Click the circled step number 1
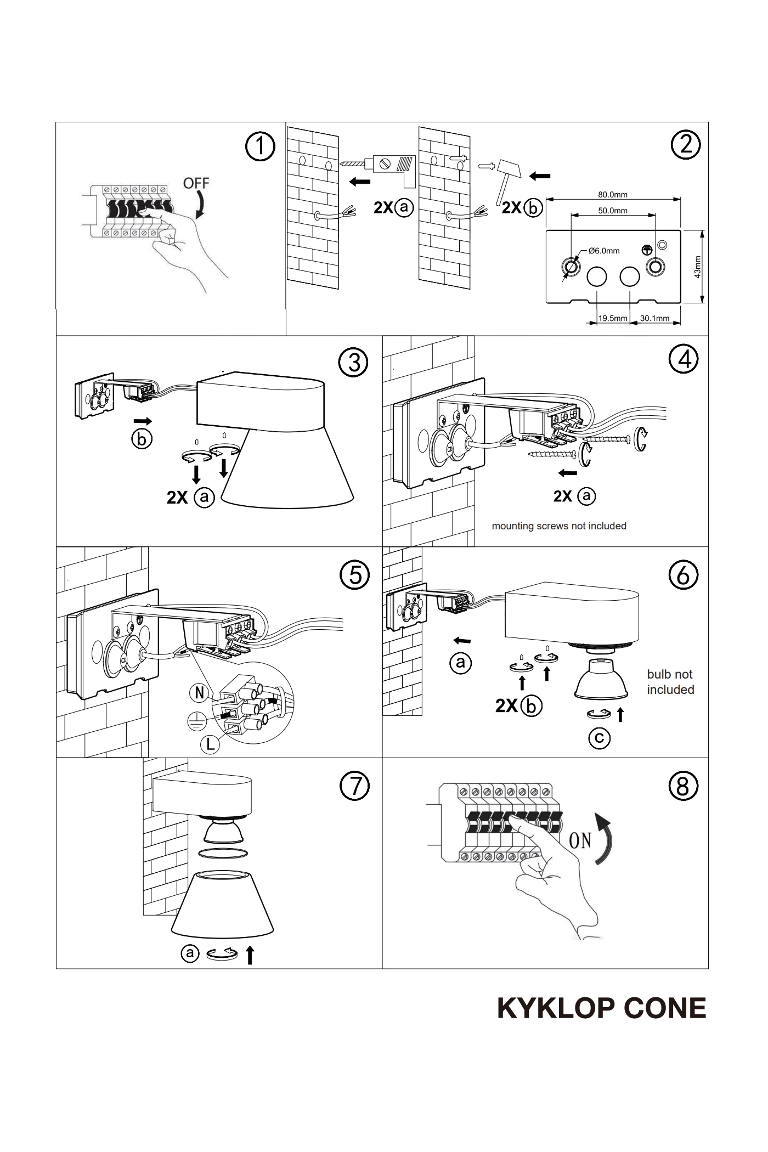click(259, 146)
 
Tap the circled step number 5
click(355, 574)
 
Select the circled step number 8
click(683, 786)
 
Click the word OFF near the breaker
click(196, 183)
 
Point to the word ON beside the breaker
click(580, 840)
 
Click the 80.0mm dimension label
click(612, 194)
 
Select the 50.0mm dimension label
click(612, 210)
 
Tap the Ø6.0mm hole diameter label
click(603, 251)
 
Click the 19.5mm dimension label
click(612, 318)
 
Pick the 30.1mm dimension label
click(654, 318)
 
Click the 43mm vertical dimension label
click(697, 267)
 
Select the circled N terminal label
click(199, 693)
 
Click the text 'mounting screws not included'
click(558, 526)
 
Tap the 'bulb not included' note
click(670, 682)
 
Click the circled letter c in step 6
click(599, 738)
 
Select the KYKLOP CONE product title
click(601, 1008)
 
